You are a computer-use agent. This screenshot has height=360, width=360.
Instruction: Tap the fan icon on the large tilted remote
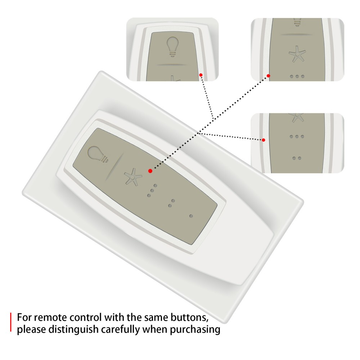[133, 176]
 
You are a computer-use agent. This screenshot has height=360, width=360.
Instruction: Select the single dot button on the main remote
[191, 216]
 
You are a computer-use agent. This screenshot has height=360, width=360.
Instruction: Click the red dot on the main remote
[150, 171]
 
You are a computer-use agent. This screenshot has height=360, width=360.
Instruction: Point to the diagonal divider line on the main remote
[114, 167]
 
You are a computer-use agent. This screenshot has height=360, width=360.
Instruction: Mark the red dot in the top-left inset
[201, 75]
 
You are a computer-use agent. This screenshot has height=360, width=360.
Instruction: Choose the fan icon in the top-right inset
[297, 54]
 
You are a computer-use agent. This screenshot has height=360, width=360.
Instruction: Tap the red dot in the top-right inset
[269, 76]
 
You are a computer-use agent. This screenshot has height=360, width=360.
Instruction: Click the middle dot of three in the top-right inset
[297, 76]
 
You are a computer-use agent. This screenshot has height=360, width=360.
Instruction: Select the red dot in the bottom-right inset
[264, 140]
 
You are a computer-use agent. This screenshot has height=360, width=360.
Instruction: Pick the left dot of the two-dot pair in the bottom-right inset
[294, 158]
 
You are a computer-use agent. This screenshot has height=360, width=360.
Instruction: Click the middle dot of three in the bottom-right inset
[297, 136]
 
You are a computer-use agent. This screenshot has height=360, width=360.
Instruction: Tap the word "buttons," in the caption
[189, 318]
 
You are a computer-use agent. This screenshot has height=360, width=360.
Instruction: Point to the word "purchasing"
[195, 330]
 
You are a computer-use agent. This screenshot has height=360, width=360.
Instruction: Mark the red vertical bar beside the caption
[10, 322]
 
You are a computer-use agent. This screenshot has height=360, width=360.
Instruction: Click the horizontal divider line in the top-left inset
[171, 65]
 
